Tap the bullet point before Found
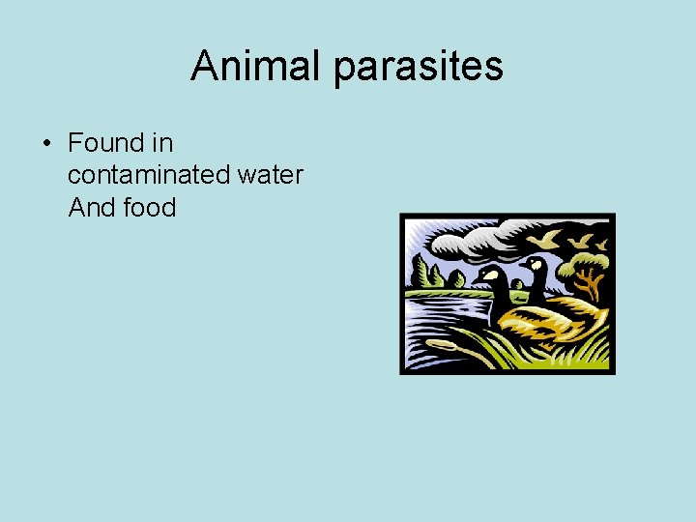point(45,144)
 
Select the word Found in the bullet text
point(105,143)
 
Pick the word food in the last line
point(150,207)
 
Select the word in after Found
point(162,143)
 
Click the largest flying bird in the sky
point(550,238)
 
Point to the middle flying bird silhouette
point(581,239)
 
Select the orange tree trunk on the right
point(587,283)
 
